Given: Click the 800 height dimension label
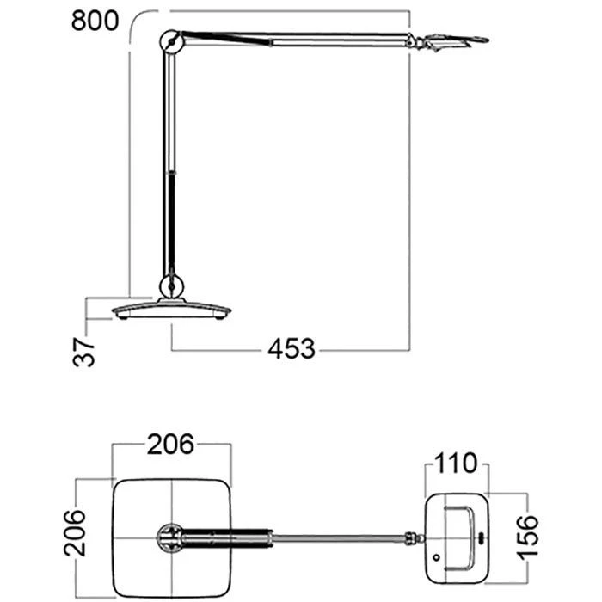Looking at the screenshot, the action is click(95, 21).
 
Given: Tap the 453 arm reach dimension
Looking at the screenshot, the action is click(292, 349).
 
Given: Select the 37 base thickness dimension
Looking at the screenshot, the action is click(83, 351).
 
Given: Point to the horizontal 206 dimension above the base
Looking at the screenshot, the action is click(171, 445).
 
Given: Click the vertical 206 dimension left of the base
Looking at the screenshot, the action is click(75, 533).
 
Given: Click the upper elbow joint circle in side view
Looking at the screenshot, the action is click(171, 42).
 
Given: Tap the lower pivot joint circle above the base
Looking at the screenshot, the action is click(172, 286).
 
